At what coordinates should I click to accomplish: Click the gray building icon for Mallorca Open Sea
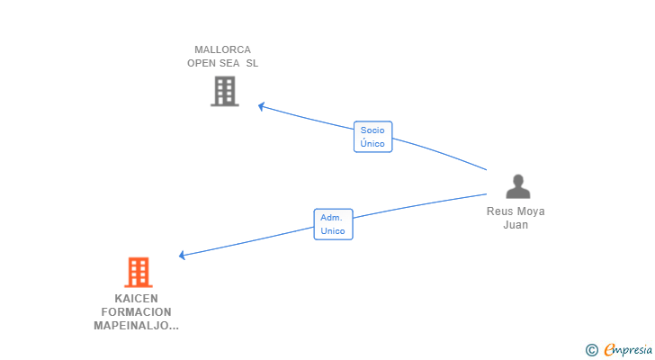[x=224, y=91]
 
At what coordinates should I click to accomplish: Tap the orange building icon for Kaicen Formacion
[x=138, y=272]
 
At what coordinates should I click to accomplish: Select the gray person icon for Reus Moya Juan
[x=516, y=186]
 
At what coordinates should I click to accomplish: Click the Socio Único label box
[x=372, y=137]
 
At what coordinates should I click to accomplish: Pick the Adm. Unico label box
[x=333, y=224]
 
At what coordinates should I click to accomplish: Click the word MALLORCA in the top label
[x=222, y=49]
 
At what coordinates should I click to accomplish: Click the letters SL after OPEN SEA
[x=252, y=63]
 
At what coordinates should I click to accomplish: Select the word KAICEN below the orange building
[x=137, y=298]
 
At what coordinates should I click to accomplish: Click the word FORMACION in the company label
[x=137, y=311]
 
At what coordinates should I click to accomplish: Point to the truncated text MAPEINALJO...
[x=136, y=325]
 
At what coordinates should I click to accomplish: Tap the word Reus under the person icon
[x=500, y=211]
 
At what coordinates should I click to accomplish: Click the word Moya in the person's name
[x=531, y=211]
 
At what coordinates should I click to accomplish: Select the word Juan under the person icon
[x=516, y=225]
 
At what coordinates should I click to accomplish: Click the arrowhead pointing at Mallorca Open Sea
[x=261, y=106]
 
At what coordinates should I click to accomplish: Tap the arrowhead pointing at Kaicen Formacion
[x=182, y=256]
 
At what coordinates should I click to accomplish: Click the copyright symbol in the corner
[x=592, y=350]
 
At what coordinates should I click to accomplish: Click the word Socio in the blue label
[x=372, y=130]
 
